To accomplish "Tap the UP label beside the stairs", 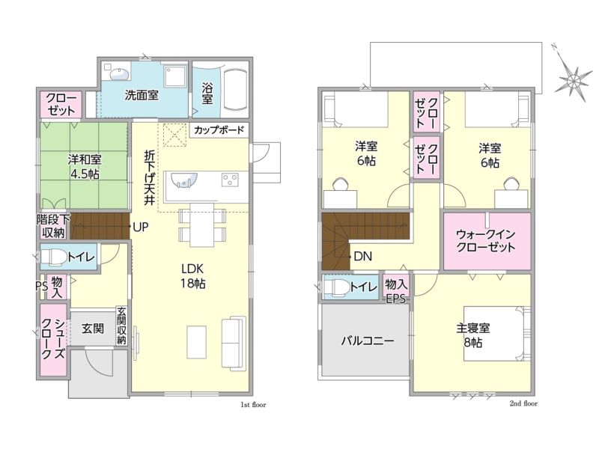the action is pos(140,227).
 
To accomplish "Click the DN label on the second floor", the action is pos(362,256).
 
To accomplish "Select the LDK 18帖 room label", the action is pos(193,276).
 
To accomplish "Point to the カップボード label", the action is pos(219,129).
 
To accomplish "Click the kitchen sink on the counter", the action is pos(184,180).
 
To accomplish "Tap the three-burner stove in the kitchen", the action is pos(230,180).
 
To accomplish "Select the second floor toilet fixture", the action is pos(336,287).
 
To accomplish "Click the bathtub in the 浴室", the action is pos(235,90).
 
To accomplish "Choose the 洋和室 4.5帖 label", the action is pos(85,166).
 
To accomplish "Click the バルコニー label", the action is pos(367,340).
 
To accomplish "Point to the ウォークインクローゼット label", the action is pos(486,240).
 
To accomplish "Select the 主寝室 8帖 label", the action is pos(473,335).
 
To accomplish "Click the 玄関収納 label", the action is pos(121,326).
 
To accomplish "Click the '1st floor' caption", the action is pos(253,405).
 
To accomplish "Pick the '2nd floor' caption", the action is pos(523,403).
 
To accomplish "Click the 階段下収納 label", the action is pos(53,226).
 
